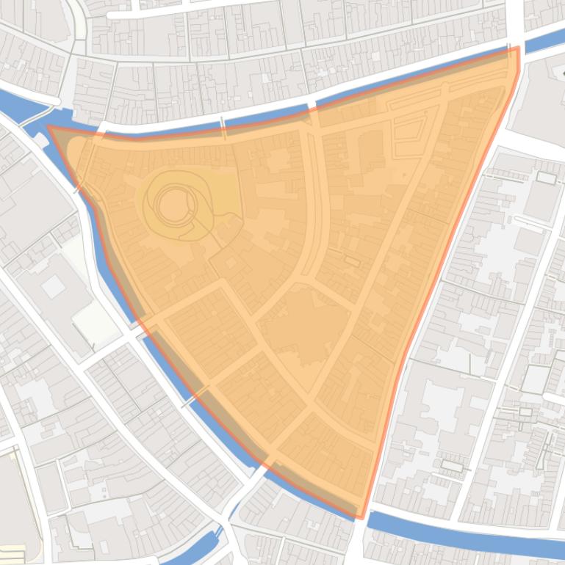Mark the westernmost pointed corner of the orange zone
(x=50, y=128)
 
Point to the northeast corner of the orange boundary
(x=517, y=49)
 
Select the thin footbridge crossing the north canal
(x=222, y=122)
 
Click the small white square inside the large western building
(x=53, y=287)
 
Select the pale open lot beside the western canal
(x=95, y=323)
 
